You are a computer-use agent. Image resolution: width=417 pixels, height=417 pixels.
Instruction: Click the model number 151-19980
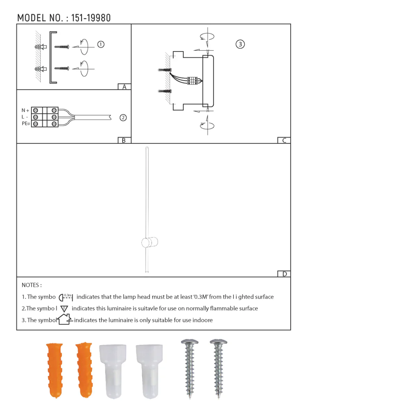click(91, 18)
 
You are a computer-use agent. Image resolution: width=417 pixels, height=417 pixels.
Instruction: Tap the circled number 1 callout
click(101, 44)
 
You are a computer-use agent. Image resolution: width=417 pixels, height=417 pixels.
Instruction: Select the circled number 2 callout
click(123, 118)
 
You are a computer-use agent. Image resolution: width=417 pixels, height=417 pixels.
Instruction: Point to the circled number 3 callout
click(240, 44)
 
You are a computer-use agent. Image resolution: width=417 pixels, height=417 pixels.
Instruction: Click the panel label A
click(124, 87)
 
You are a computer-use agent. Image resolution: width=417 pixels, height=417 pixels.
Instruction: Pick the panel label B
click(124, 140)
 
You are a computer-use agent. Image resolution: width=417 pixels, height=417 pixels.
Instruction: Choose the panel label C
click(284, 140)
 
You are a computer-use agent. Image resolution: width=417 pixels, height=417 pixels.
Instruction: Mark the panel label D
click(284, 274)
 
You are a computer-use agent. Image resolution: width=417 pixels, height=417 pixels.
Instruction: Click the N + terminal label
click(25, 111)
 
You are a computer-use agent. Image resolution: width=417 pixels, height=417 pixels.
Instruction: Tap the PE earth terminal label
click(26, 124)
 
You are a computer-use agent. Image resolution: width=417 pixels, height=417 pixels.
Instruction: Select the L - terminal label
click(25, 117)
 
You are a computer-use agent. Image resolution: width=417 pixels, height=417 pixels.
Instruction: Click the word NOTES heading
click(32, 285)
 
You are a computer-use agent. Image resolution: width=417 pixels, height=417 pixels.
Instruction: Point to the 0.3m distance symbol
click(66, 297)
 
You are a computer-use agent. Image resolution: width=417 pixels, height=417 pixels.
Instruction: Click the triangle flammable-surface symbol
click(64, 309)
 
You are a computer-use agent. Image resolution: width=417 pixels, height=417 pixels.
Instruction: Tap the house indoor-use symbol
click(65, 319)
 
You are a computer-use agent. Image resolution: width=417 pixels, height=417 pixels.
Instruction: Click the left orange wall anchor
click(55, 370)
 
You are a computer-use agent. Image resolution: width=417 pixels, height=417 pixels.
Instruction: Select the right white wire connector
click(149, 370)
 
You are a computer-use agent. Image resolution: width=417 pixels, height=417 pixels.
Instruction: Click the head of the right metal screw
click(219, 343)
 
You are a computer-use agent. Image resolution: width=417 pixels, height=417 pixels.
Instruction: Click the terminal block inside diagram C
click(193, 81)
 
